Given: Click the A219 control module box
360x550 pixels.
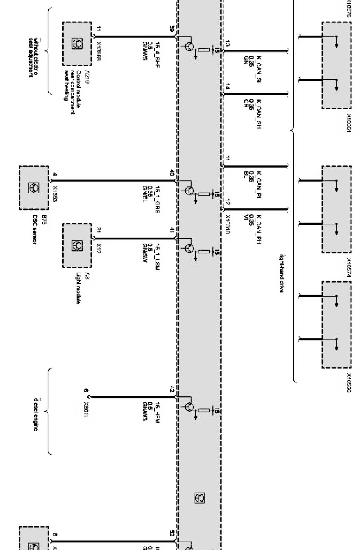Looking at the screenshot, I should pyautogui.click(x=77, y=44).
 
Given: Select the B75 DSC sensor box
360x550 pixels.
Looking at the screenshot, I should pyautogui.click(x=34, y=188).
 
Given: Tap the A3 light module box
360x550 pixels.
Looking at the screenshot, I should pyautogui.click(x=77, y=245).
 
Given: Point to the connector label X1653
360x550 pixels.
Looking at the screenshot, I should pyautogui.click(x=55, y=194).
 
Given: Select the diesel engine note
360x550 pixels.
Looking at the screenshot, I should pyautogui.click(x=36, y=415).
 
